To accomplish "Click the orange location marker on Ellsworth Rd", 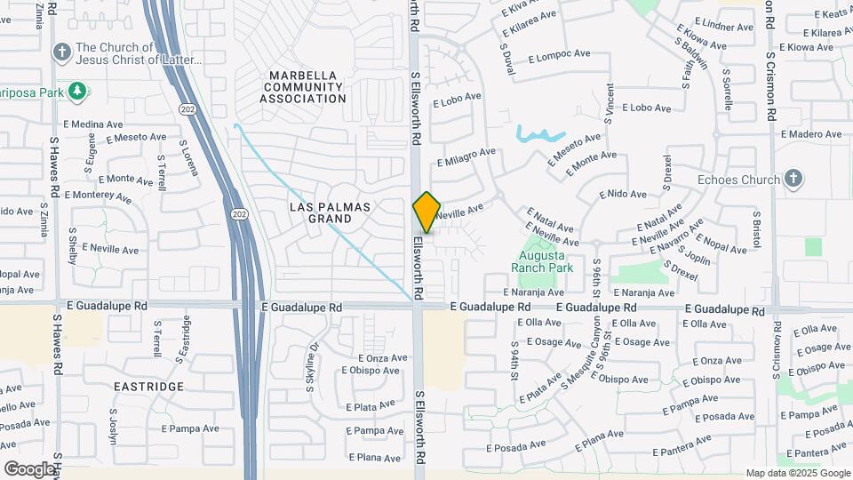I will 427,212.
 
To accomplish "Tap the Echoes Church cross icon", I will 793,180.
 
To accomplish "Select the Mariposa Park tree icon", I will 78,90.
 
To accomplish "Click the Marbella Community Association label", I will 303,87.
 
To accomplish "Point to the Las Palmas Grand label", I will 330,212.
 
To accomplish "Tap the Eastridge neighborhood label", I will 148,387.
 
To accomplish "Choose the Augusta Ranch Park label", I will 546,261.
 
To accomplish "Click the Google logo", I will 29,468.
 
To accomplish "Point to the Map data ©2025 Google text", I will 798,474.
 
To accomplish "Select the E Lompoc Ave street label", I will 559,55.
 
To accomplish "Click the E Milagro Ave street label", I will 466,156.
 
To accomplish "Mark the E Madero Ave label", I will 810,134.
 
